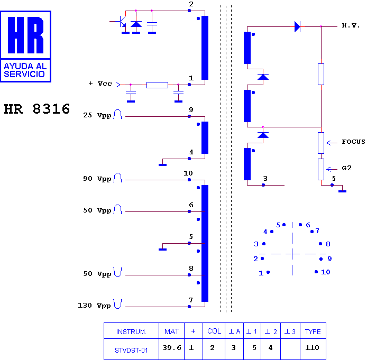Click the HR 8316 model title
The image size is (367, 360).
[37, 109]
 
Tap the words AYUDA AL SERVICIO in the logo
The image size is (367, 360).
[25, 70]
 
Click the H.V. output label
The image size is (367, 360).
[351, 25]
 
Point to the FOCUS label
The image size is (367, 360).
[353, 142]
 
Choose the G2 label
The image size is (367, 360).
[346, 168]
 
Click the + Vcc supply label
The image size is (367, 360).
[100, 84]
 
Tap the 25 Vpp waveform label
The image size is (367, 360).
[97, 115]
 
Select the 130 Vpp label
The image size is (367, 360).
[94, 306]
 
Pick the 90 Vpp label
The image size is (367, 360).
[97, 179]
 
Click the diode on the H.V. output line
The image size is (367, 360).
[298, 26]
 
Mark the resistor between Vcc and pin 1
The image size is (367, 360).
[157, 85]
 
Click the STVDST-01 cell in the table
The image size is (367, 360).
[131, 350]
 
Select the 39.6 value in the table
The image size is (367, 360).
[172, 348]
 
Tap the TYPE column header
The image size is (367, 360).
[313, 331]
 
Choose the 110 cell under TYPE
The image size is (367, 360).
[312, 348]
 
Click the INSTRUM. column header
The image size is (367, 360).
[131, 331]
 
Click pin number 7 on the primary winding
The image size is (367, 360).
[191, 300]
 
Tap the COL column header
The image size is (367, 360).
[214, 331]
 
